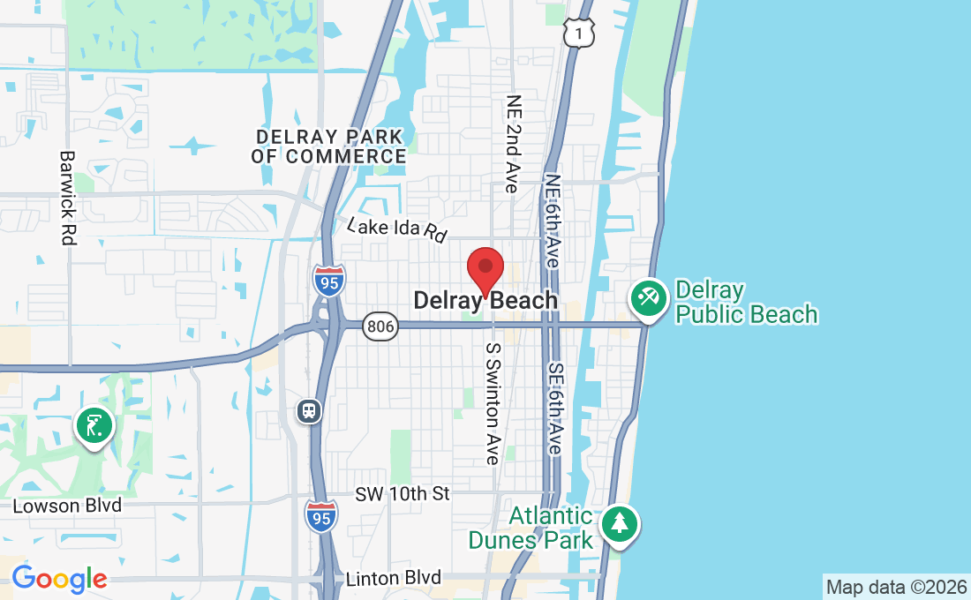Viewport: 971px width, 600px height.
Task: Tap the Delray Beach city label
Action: [x=485, y=301]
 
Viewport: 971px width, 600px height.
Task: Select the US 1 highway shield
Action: [x=579, y=33]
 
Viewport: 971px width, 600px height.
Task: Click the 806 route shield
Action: [x=380, y=326]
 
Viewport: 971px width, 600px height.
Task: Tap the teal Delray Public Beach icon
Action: [x=650, y=298]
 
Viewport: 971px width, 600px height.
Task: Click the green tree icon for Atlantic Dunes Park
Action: [x=620, y=524]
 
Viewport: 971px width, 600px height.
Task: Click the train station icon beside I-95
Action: [x=309, y=410]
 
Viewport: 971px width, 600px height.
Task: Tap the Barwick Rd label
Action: [x=68, y=197]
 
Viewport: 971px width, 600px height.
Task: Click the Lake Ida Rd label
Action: [x=397, y=229]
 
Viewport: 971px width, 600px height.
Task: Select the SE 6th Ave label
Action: [x=554, y=408]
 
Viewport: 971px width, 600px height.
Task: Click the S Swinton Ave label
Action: [x=493, y=403]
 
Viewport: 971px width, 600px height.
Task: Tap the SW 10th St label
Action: [x=403, y=494]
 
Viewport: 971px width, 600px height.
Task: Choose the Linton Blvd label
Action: [x=393, y=578]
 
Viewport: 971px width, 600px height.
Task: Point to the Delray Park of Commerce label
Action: [x=328, y=146]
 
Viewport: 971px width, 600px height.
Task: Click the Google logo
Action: [x=59, y=579]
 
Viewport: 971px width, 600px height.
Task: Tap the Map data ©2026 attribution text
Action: [x=896, y=587]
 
